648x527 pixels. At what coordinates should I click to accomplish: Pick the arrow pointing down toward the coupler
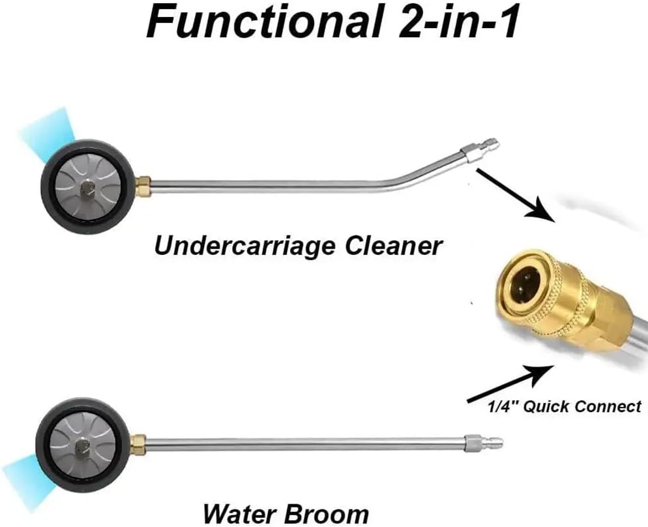pyautogui.click(x=516, y=194)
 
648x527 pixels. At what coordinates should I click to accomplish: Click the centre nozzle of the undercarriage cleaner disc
pyautogui.click(x=87, y=187)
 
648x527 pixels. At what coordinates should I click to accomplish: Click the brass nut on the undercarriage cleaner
pyautogui.click(x=143, y=186)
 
